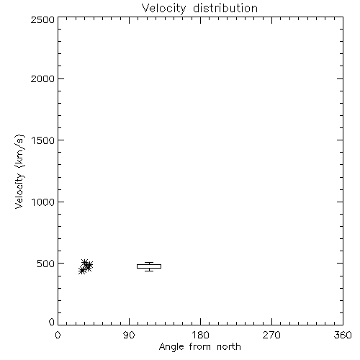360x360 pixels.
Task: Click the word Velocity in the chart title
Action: (x=163, y=9)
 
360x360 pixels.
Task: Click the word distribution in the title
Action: (x=225, y=9)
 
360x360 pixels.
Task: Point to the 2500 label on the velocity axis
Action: (x=42, y=19)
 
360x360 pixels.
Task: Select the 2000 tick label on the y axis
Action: (x=42, y=78)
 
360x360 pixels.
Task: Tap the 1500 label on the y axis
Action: (x=43, y=140)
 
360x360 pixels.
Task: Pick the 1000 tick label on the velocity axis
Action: (x=43, y=202)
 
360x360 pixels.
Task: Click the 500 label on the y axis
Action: (x=45, y=264)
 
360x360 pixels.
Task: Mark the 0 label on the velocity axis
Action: (x=52, y=322)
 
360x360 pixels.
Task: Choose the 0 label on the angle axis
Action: (x=58, y=335)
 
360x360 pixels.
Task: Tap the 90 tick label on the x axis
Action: (x=129, y=335)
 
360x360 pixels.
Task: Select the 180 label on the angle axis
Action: (x=200, y=335)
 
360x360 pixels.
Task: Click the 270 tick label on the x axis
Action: (x=271, y=335)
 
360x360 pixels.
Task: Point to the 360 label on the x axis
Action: (x=343, y=335)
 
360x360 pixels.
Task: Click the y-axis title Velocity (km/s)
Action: (x=19, y=171)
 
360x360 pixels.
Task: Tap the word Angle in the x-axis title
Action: (x=171, y=348)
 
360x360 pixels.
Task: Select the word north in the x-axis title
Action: (x=229, y=347)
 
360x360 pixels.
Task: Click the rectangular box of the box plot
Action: (x=149, y=264)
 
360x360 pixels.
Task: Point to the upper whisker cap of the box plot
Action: (x=149, y=263)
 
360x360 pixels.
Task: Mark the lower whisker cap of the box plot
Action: (x=149, y=271)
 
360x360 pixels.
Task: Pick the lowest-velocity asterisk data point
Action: (x=82, y=271)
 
